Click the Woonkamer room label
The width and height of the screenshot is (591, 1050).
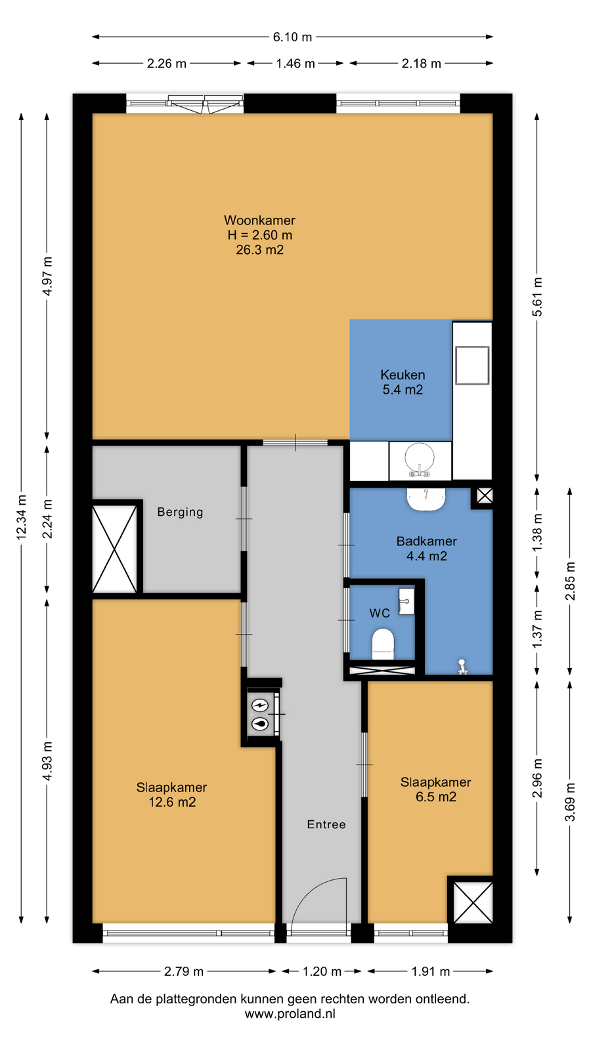(259, 220)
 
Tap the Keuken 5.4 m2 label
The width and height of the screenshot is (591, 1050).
(403, 382)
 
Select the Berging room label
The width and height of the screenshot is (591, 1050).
(180, 512)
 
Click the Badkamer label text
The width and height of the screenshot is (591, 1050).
(426, 541)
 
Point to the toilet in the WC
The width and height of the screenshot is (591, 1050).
(383, 644)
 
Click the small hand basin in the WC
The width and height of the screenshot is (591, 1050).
(406, 601)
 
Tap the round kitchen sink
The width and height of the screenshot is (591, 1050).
(420, 457)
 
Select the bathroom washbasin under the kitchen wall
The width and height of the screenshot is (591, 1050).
(426, 499)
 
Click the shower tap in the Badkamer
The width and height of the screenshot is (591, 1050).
(462, 667)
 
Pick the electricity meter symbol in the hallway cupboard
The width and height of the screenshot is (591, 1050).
(260, 705)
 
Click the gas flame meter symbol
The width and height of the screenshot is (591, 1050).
(260, 724)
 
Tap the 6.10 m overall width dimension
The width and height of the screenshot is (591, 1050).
(292, 37)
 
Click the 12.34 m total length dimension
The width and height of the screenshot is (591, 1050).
(22, 518)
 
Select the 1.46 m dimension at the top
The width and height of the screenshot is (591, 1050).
(295, 63)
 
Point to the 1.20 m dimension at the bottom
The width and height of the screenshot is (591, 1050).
(322, 971)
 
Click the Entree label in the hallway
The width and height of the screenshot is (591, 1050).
(326, 824)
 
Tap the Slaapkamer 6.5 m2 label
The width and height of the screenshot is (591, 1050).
(436, 789)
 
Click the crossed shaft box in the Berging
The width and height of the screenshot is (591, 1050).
(115, 549)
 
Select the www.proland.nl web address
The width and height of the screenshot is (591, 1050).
(290, 1014)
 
